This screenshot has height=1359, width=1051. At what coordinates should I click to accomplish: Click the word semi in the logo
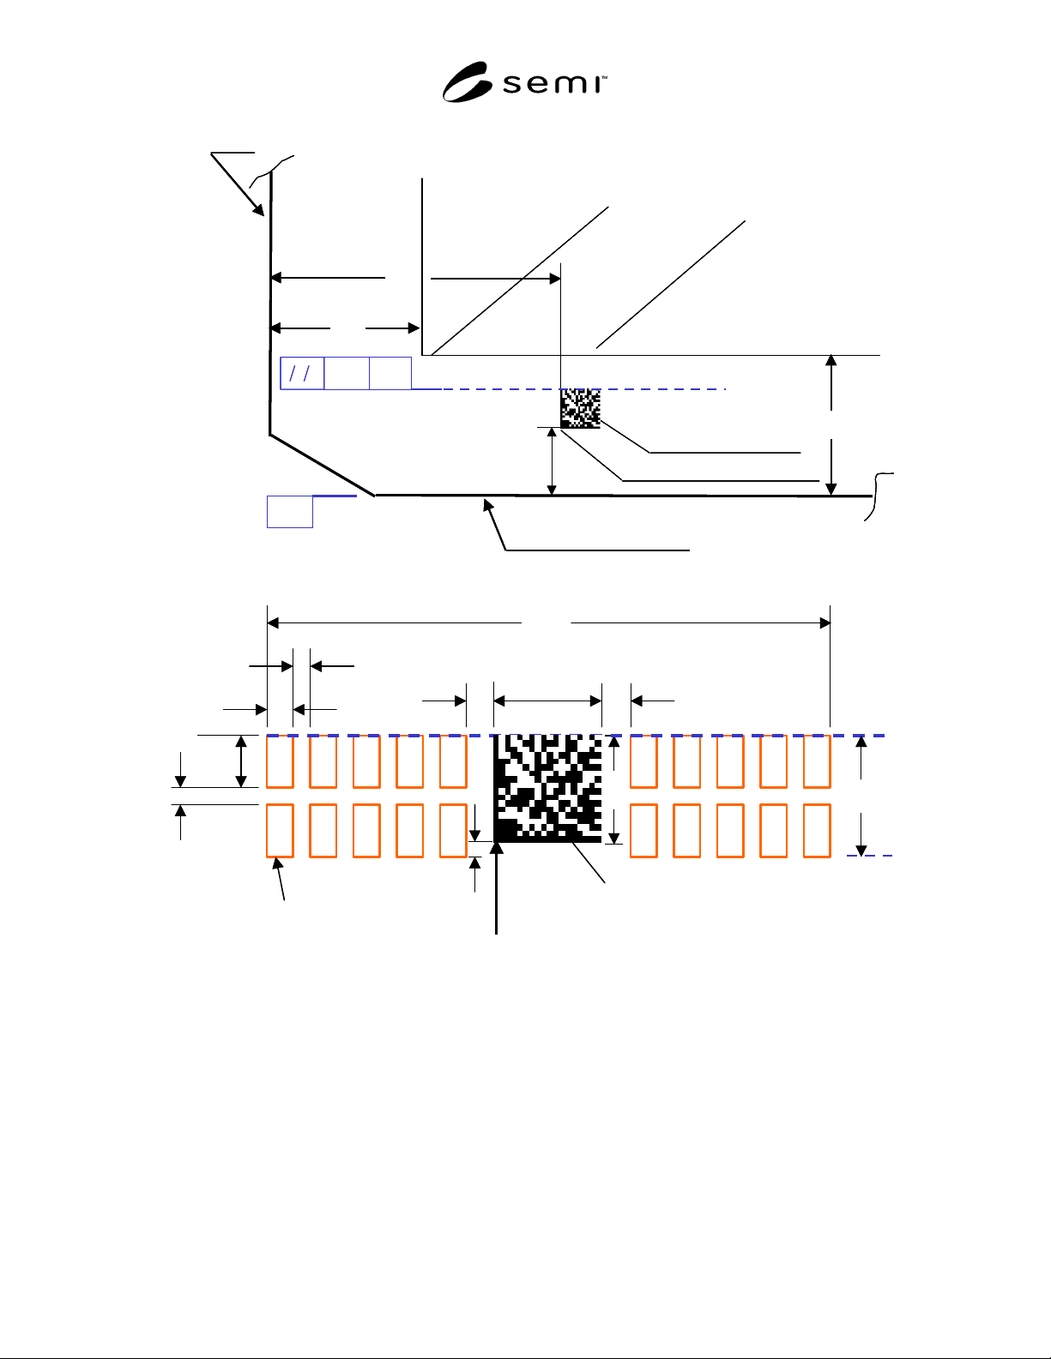pyautogui.click(x=553, y=84)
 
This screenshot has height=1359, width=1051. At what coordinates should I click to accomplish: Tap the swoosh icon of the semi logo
pyautogui.click(x=468, y=82)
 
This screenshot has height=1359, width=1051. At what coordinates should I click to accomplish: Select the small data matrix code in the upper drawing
pyautogui.click(x=580, y=408)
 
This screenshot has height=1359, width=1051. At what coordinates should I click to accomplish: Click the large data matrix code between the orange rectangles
pyautogui.click(x=547, y=789)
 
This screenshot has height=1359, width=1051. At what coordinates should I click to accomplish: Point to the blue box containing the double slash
pyautogui.click(x=302, y=373)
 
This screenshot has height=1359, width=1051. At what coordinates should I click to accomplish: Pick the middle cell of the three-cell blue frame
pyautogui.click(x=347, y=373)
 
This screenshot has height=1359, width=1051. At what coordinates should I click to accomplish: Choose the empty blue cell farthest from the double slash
pyautogui.click(x=390, y=373)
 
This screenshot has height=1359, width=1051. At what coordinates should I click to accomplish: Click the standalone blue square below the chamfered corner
pyautogui.click(x=290, y=512)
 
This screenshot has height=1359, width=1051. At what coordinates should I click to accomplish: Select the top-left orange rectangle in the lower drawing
pyautogui.click(x=280, y=761)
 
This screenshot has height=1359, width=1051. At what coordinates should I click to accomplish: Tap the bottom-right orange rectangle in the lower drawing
pyautogui.click(x=817, y=831)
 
